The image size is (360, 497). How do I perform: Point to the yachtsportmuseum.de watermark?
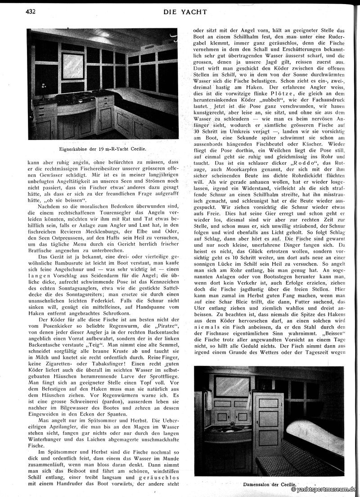[324, 489]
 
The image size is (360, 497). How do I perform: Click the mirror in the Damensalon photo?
[233, 386]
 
